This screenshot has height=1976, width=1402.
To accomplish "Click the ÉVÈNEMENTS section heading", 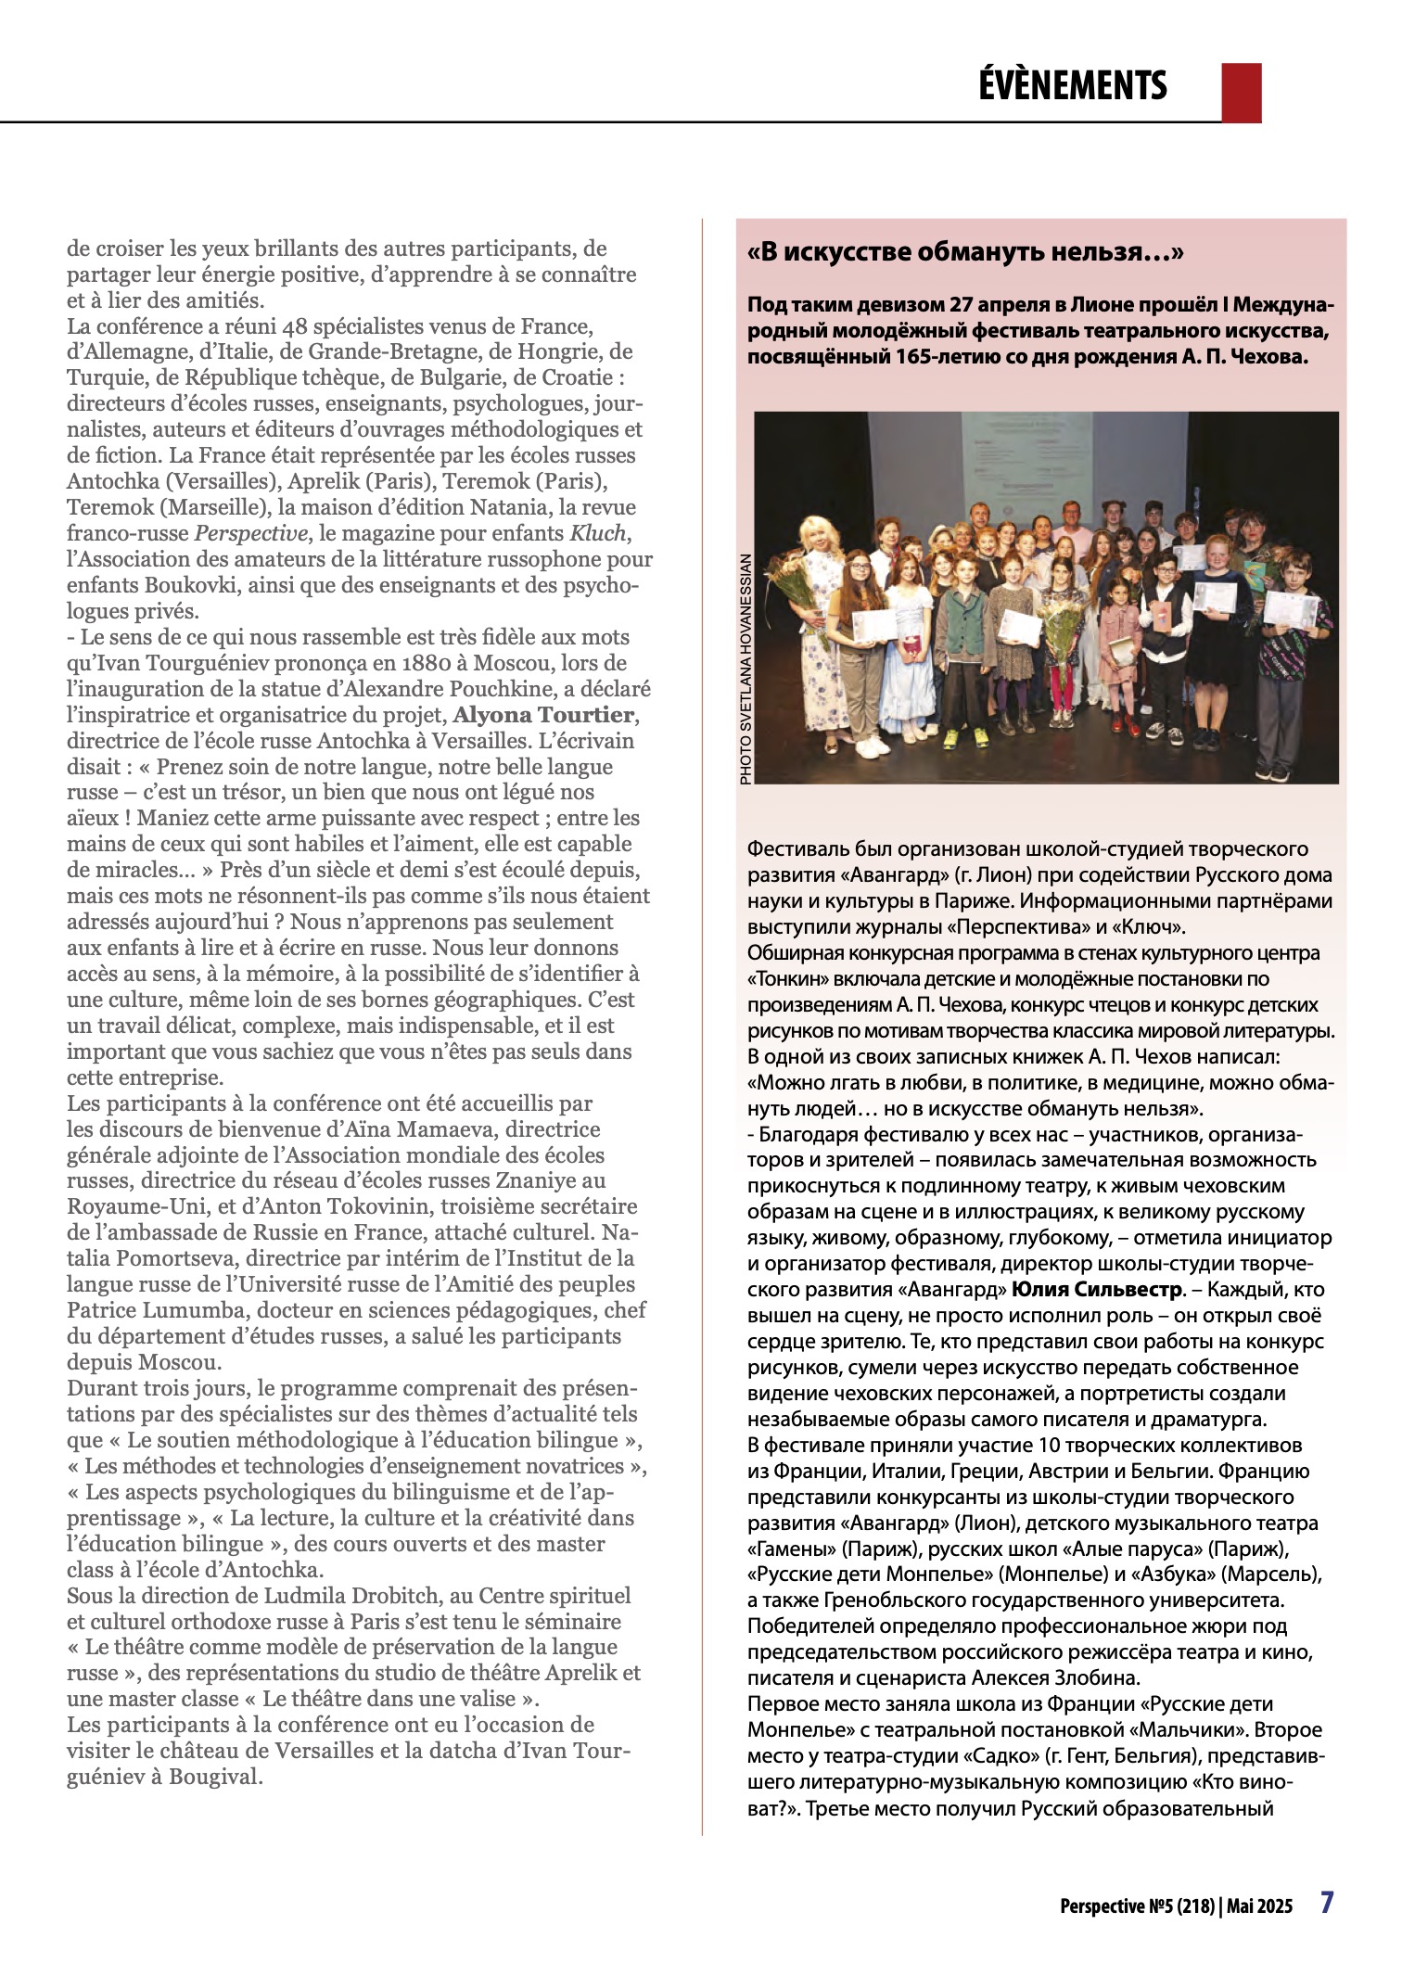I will (x=1072, y=85).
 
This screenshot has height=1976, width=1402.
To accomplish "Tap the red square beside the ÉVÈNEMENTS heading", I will (x=1241, y=92).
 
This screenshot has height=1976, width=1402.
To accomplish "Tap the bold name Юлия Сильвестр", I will (x=1096, y=1289).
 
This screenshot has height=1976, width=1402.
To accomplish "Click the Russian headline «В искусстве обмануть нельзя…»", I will (x=965, y=252).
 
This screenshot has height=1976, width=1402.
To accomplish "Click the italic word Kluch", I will (x=598, y=533).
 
